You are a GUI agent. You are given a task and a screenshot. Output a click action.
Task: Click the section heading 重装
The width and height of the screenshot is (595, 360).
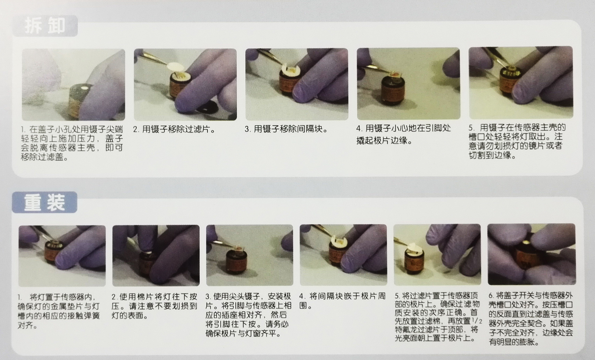45,202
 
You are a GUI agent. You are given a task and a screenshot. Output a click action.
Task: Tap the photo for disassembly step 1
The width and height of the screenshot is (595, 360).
73,84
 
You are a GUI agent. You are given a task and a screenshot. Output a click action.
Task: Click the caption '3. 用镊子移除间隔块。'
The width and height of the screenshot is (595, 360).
286,129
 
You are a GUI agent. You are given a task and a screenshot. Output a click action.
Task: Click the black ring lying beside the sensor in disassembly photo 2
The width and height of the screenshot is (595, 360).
208,108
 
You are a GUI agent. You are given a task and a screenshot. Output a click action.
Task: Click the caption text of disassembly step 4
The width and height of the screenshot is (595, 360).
403,134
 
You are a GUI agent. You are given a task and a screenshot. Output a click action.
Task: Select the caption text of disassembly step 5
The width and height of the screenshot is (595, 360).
518,141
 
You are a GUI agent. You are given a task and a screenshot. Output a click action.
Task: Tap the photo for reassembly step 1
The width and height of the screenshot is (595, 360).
62,255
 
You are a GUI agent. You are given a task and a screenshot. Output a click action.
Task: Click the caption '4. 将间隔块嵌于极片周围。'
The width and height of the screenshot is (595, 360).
342,301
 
